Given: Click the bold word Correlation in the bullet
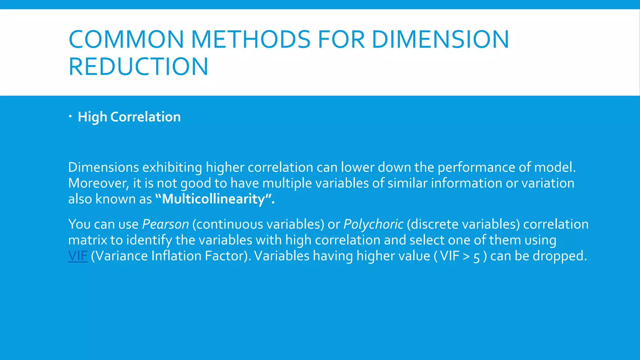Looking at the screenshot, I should tap(145, 117).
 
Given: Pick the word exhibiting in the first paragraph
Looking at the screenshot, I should tap(172, 167).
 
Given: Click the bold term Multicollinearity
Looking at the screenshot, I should tap(213, 199).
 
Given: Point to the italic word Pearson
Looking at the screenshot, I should tap(165, 224).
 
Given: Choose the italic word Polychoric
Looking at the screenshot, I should tap(373, 224).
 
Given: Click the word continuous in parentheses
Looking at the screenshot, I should tap(229, 224).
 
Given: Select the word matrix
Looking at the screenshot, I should tap(87, 240).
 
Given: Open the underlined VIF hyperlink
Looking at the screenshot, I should tap(78, 256).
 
